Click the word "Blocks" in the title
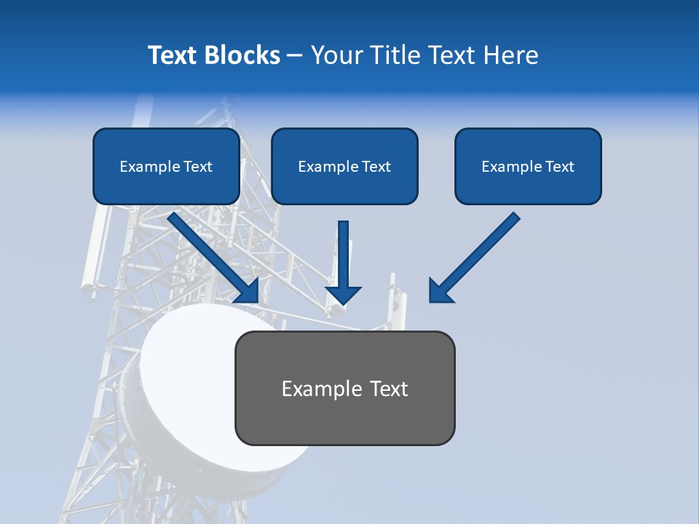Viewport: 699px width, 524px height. tap(242, 55)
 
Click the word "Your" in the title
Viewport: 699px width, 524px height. tap(336, 55)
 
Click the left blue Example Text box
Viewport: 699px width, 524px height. tap(166, 166)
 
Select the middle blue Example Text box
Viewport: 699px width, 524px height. tap(344, 166)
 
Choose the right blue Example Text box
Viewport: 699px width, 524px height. tap(528, 166)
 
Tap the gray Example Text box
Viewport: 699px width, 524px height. tap(344, 388)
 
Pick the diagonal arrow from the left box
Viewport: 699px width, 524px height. tap(211, 255)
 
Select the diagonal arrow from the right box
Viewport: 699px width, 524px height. tap(477, 255)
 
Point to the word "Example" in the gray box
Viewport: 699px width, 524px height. tap(318, 389)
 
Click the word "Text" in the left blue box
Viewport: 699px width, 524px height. tap(198, 167)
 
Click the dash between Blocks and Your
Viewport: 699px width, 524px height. tap(295, 55)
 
